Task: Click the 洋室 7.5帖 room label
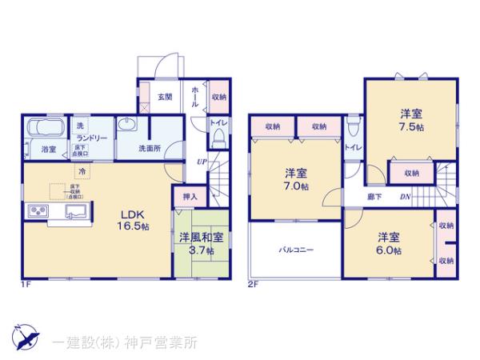pyautogui.click(x=407, y=121)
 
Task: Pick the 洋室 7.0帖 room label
pyautogui.click(x=295, y=179)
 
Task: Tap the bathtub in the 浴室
pyautogui.click(x=46, y=129)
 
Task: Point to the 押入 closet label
pyautogui.click(x=190, y=196)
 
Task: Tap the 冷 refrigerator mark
pyautogui.click(x=81, y=170)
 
